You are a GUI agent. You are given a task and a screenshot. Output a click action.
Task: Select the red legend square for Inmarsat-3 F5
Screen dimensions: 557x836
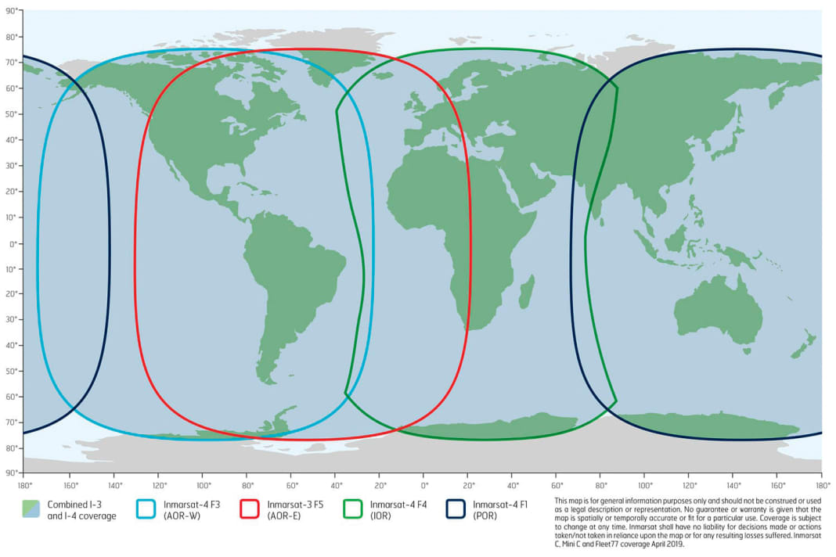250,509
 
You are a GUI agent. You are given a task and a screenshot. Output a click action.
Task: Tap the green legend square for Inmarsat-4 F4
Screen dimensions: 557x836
354,509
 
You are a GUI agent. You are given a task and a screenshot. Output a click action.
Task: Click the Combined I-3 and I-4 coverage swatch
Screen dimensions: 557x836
32,509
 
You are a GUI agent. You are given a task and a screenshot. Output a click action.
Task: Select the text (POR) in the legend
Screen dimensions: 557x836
484,516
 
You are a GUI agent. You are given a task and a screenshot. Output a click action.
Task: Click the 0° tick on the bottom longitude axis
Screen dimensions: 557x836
424,484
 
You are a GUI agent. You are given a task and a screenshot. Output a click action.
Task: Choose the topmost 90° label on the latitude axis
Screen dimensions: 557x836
12,11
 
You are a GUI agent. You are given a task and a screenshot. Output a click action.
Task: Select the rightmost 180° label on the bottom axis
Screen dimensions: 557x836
822,484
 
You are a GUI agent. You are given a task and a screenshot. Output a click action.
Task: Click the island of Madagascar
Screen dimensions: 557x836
528,290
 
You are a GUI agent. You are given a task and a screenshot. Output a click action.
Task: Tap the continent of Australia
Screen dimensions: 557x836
716,309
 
